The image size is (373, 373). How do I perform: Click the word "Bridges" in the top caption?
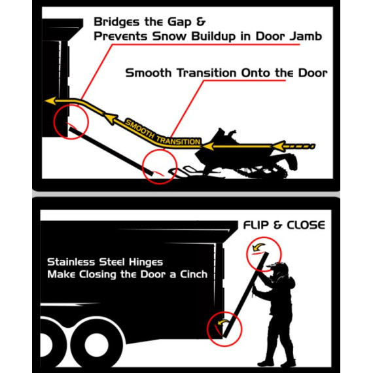pos(116,22)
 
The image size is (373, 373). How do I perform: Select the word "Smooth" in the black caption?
pos(148,73)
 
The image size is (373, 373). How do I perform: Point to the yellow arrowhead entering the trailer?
pos(50,101)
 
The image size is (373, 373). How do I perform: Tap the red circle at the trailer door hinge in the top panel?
pos(71,122)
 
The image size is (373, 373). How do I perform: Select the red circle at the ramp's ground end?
pos(160,166)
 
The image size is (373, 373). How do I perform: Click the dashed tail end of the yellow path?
pos(300,147)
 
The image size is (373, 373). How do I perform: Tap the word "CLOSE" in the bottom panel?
pos(306,225)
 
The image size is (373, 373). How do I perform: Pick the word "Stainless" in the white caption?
pos(71,262)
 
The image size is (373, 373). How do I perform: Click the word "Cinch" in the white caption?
pos(194,274)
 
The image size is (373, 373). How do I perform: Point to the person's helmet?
pos(278,270)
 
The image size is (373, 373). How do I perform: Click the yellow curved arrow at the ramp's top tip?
pos(258,247)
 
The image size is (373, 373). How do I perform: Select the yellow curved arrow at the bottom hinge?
pos(223,323)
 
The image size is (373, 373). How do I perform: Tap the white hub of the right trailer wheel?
pos(96,345)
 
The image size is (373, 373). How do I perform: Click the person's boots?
pos(277,363)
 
